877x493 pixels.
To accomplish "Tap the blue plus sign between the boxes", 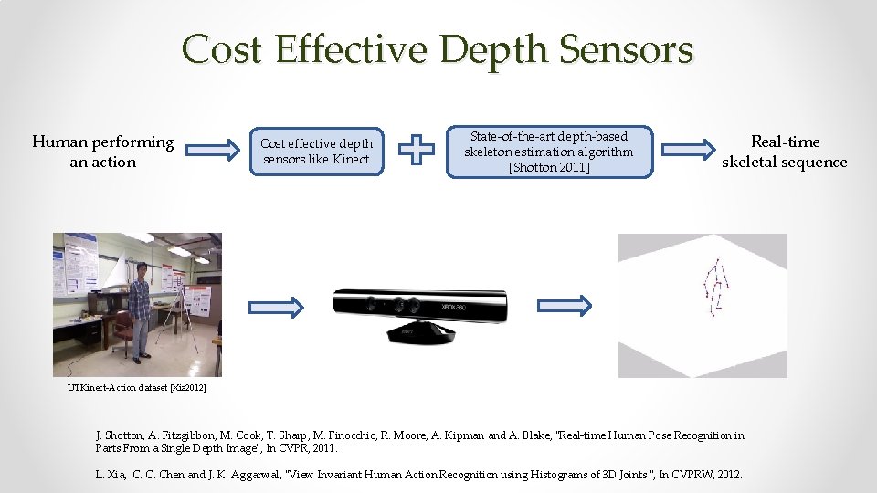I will click(x=418, y=151).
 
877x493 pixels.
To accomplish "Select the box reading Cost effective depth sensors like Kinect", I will click(x=316, y=152).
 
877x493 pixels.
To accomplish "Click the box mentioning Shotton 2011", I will click(x=548, y=152).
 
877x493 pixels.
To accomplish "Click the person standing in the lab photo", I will click(x=140, y=309).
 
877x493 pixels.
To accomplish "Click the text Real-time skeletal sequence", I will click(x=785, y=152).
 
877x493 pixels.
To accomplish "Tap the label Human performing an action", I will click(x=102, y=152).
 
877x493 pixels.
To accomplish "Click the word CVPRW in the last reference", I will click(x=687, y=475).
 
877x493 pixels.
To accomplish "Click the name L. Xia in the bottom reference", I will click(x=111, y=475).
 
